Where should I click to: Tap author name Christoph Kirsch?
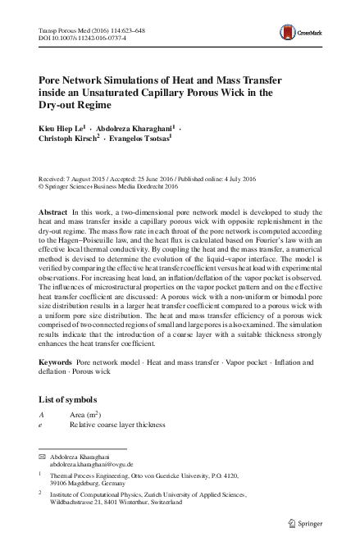pyautogui.click(x=65, y=140)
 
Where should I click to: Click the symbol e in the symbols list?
pyautogui.click(x=40, y=426)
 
